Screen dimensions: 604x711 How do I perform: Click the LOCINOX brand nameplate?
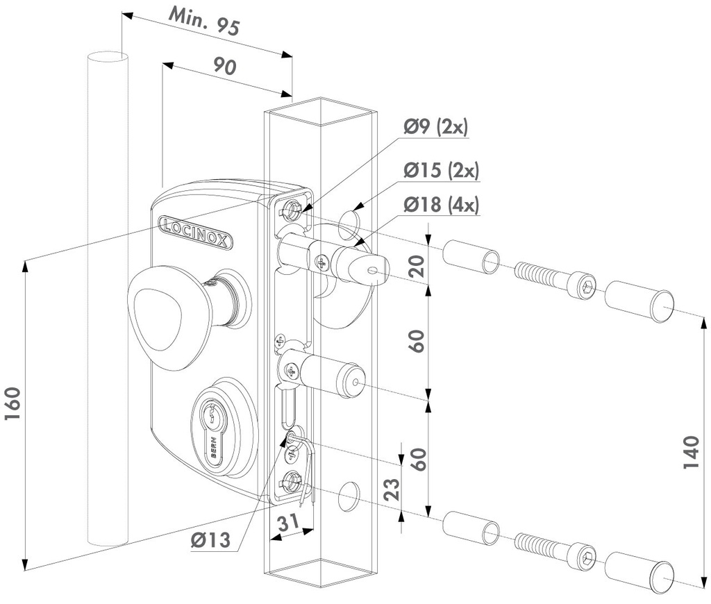pyautogui.click(x=196, y=230)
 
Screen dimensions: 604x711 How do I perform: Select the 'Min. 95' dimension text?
pyautogui.click(x=206, y=22)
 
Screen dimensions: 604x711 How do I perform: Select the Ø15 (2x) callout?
pyautogui.click(x=442, y=169)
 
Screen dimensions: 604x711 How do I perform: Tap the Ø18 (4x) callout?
pyautogui.click(x=442, y=205)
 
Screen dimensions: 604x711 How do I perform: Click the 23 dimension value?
pyautogui.click(x=390, y=491)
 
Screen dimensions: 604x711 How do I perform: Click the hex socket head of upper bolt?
pyautogui.click(x=584, y=285)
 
